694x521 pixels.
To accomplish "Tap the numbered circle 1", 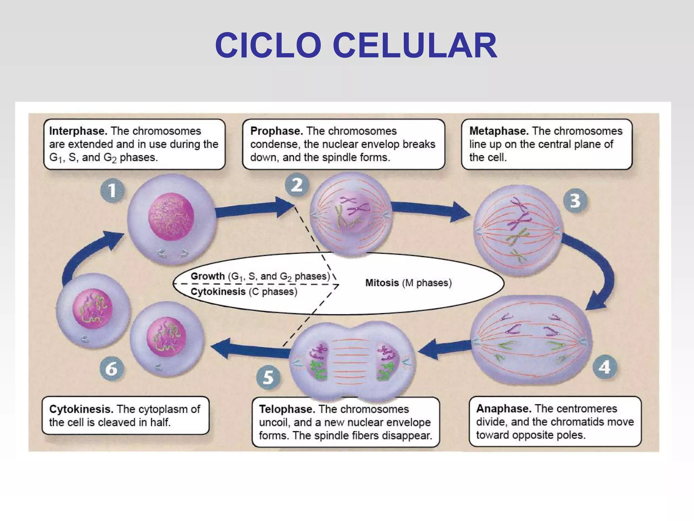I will click(112, 191).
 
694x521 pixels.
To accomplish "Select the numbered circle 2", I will click(297, 185).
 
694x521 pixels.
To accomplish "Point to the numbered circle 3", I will click(575, 200).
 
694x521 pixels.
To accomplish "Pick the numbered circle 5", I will click(268, 377).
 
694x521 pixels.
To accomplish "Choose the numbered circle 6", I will click(111, 369).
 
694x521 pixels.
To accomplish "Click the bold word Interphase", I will click(78, 131).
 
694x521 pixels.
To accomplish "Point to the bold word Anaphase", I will click(504, 408).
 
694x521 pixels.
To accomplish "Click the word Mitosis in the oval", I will click(382, 283).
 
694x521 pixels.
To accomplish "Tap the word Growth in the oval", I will click(207, 276).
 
